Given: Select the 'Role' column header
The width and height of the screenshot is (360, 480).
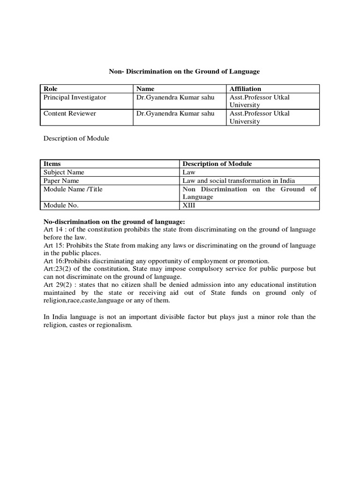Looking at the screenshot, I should pos(50,89).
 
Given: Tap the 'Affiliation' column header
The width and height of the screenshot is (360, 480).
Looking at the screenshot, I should pos(245,89).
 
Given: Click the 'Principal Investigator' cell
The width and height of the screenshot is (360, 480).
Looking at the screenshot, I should pos(75,97).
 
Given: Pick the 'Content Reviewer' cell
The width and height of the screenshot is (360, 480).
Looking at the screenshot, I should pos(70,113).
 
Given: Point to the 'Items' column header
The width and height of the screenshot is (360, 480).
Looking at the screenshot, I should pos(52,164).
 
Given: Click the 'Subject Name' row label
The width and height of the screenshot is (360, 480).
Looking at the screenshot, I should pos(64,172).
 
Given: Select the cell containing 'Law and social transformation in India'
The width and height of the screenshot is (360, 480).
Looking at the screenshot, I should pos(239,180).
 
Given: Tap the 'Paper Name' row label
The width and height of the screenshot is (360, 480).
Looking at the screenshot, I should pos(61,180).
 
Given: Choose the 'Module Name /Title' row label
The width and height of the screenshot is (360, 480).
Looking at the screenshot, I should pos(73,189).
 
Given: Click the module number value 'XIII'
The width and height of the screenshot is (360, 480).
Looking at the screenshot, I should pos(189,205).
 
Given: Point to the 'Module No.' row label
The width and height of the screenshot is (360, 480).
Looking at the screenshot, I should pos(61,205).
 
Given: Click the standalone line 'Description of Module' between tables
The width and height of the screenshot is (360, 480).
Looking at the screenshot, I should pos(76,138).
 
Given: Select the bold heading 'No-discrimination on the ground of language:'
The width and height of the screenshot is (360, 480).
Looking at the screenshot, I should pos(114,221).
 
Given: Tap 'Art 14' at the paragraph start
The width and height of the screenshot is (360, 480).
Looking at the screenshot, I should pos(52,229).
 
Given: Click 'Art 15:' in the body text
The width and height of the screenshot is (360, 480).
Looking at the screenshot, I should pos(53,245).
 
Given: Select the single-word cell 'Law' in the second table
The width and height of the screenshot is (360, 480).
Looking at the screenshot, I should pos(188,172).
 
